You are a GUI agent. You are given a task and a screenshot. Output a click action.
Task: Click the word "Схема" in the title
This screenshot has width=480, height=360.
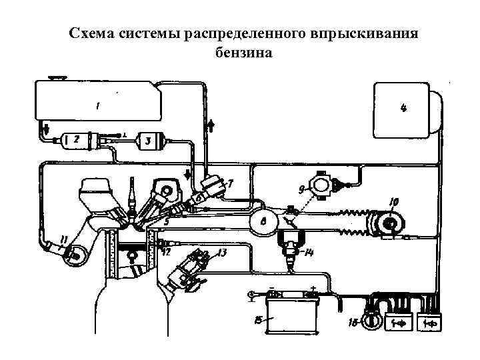click(92, 33)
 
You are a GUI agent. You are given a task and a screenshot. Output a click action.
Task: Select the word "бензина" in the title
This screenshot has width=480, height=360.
click(244, 53)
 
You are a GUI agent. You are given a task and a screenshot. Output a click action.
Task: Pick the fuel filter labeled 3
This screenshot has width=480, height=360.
click(149, 141)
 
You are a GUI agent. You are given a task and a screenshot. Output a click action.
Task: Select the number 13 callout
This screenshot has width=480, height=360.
click(221, 252)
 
